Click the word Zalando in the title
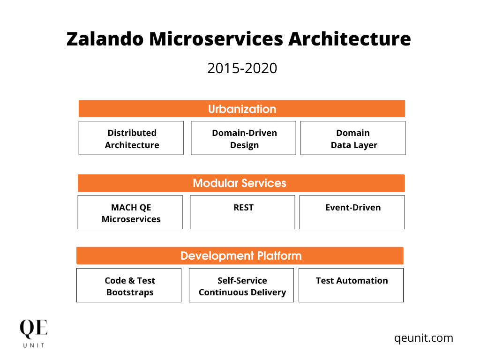point(105,39)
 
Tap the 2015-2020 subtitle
point(242,68)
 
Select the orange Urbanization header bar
point(242,109)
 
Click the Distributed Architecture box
point(131,138)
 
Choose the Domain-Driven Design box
point(243,138)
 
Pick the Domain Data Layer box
point(353,138)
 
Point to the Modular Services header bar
point(241,183)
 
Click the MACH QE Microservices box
point(130,212)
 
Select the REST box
point(242,212)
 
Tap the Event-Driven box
point(352,212)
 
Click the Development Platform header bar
point(240,255)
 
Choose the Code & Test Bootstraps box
point(129,285)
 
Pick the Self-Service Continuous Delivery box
point(241,285)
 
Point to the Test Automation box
point(351,285)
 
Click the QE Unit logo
point(34,333)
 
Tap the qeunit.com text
point(424,338)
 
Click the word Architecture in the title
point(350,39)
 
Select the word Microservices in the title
point(216,39)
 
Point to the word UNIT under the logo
point(34,345)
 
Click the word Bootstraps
point(130,292)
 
